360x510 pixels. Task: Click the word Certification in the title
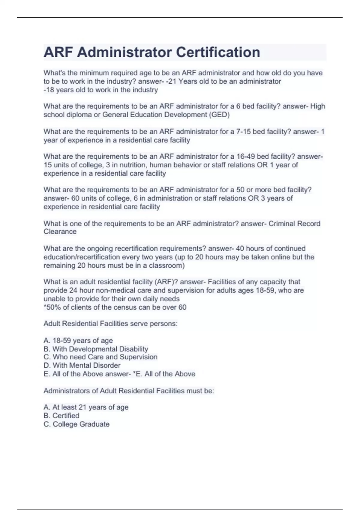[x=218, y=52]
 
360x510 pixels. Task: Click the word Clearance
[x=60, y=232]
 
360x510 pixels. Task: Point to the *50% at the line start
[x=52, y=307]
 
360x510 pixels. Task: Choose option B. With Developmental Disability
[x=96, y=349]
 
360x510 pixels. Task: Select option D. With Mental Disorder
[x=82, y=366]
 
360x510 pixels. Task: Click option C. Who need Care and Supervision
[x=100, y=357]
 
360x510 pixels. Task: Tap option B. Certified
[x=61, y=416]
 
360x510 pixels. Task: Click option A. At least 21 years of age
[x=86, y=407]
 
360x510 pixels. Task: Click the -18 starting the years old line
[x=49, y=90]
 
